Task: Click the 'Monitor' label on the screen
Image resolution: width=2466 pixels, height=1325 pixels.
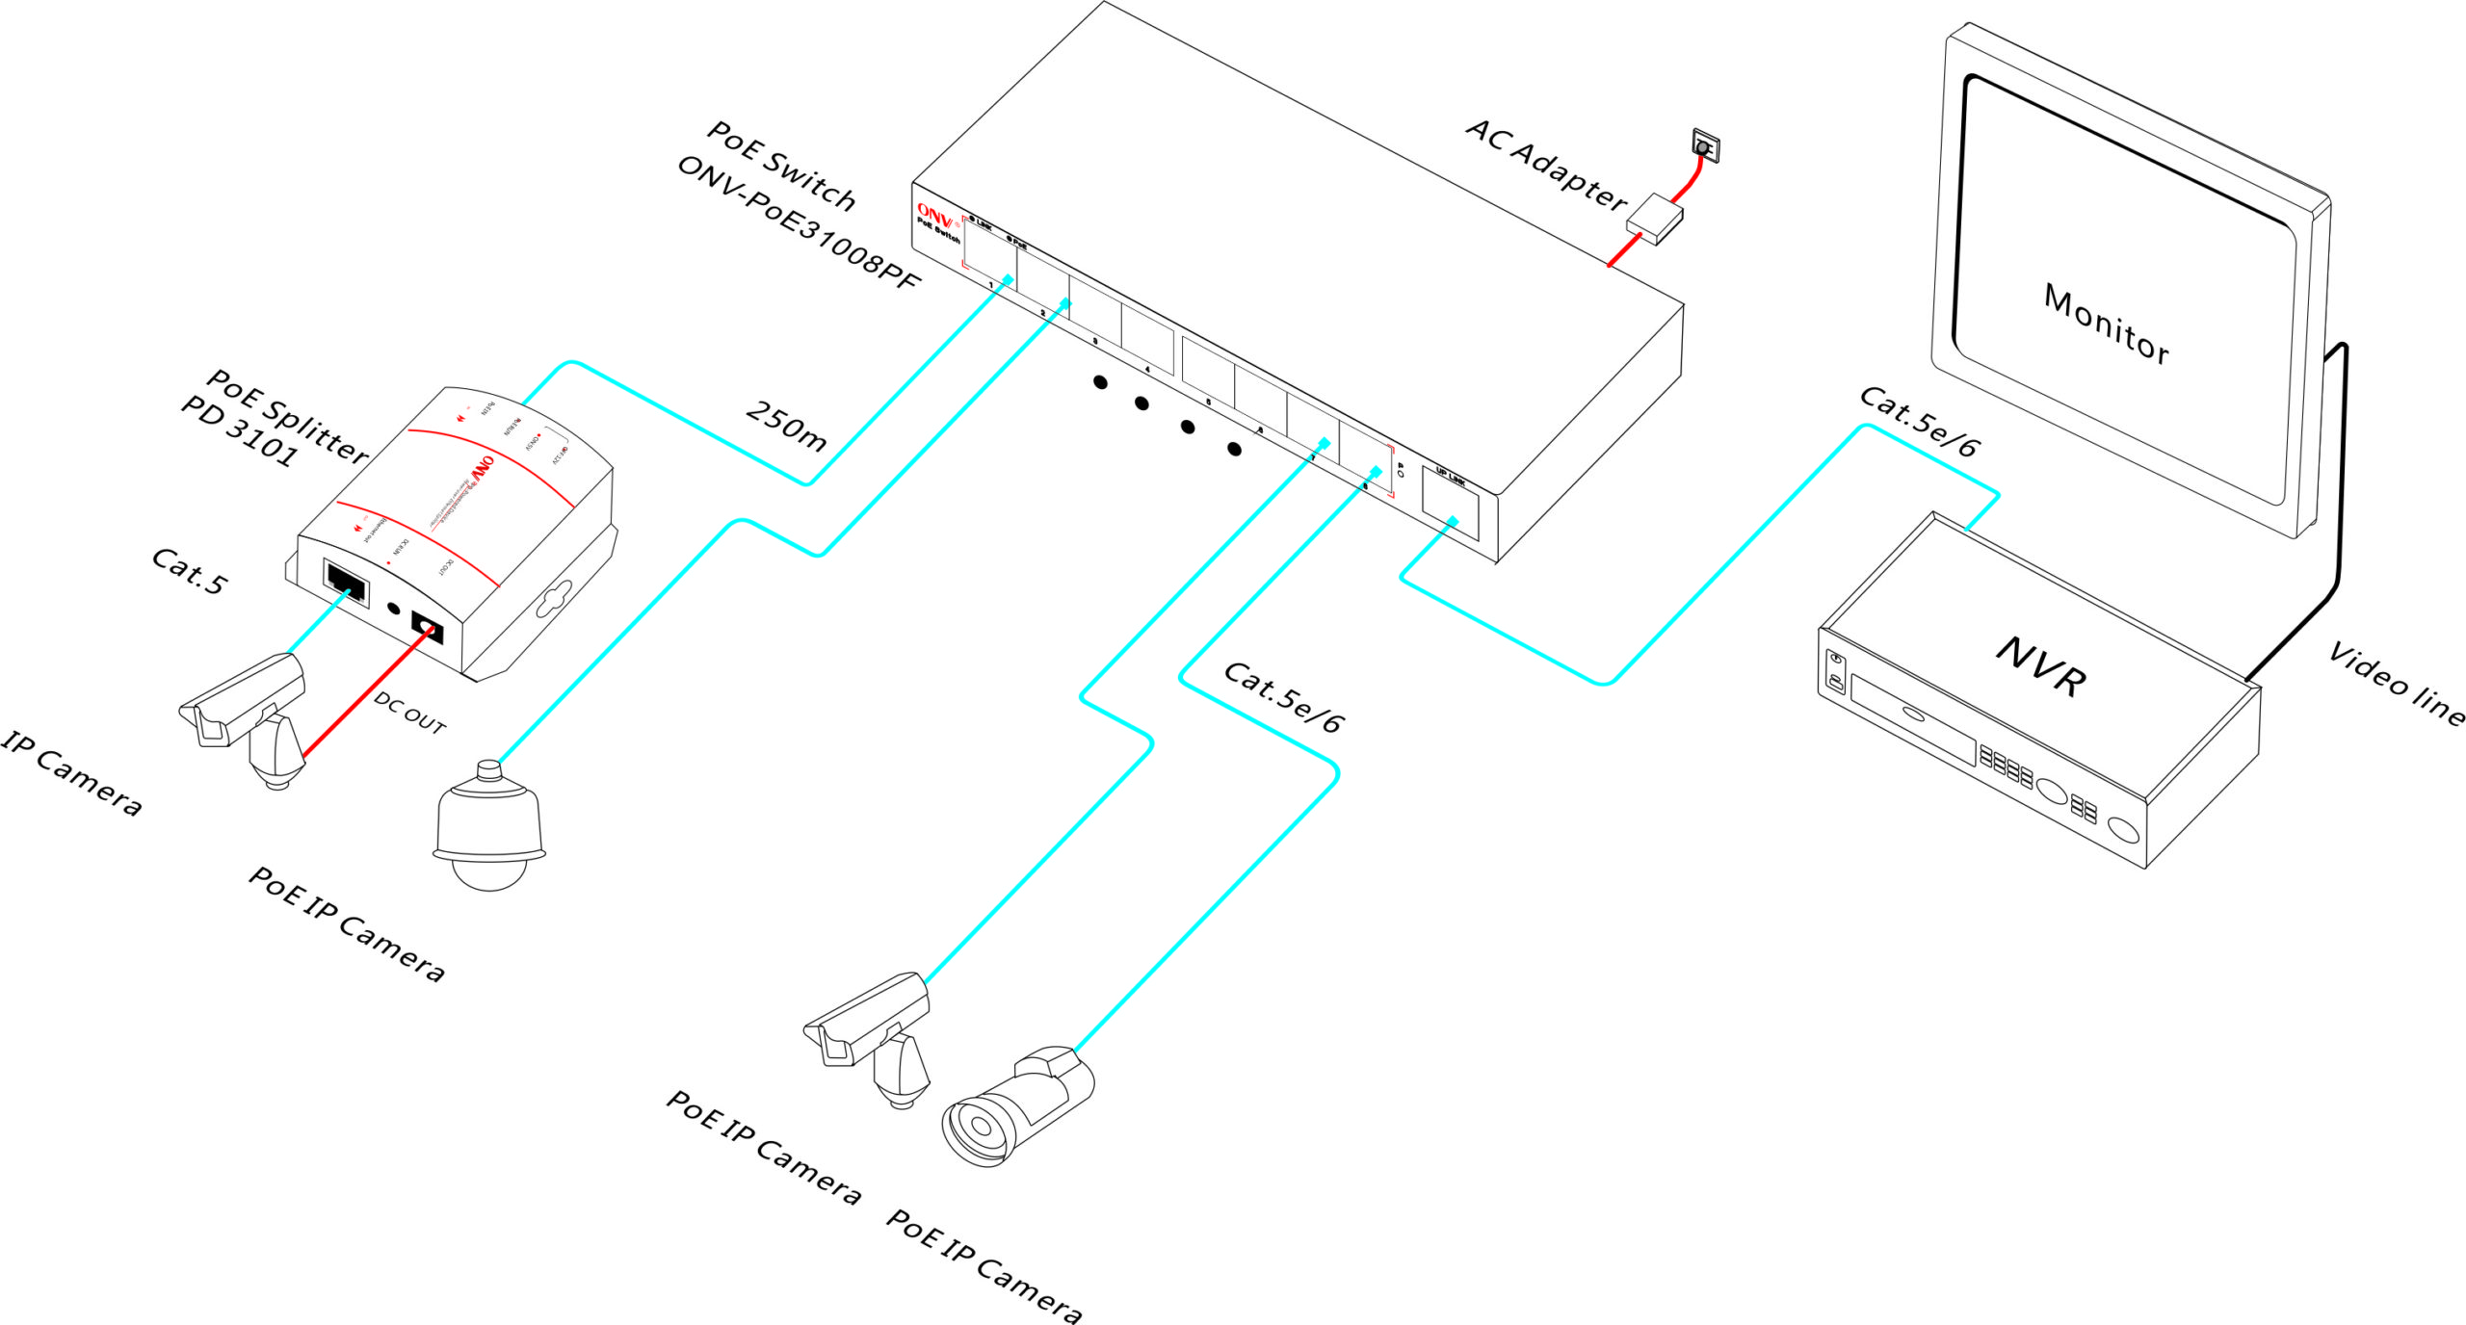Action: (x=2106, y=325)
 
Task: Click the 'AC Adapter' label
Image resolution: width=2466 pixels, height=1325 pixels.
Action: (x=1546, y=164)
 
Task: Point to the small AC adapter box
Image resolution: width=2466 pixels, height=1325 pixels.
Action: (x=1654, y=220)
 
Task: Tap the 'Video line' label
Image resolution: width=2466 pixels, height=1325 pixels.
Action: (x=2396, y=684)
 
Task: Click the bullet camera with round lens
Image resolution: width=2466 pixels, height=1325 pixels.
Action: (x=1016, y=1107)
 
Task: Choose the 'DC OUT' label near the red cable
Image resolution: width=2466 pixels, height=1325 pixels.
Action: (x=410, y=714)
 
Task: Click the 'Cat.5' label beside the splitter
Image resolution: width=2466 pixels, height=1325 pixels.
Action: (x=190, y=572)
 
